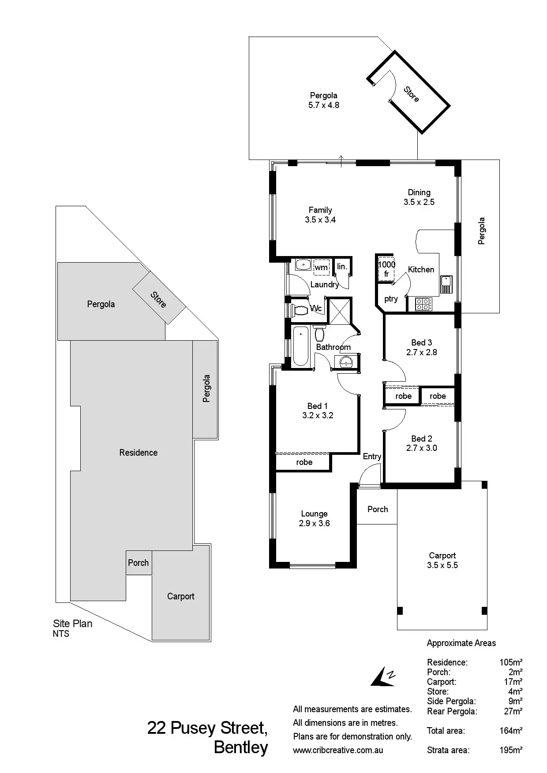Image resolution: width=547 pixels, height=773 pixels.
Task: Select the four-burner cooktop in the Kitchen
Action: pyautogui.click(x=423, y=305)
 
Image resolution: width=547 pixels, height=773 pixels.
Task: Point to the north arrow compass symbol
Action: pyautogui.click(x=383, y=676)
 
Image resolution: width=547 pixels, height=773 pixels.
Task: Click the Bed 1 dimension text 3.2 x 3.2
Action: pyautogui.click(x=318, y=415)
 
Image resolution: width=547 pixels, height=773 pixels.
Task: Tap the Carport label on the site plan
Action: pyautogui.click(x=181, y=596)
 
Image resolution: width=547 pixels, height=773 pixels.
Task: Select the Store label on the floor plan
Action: pyautogui.click(x=411, y=94)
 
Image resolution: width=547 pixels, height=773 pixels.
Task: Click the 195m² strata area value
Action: pyautogui.click(x=511, y=750)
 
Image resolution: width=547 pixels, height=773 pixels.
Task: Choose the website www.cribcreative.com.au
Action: pyautogui.click(x=338, y=750)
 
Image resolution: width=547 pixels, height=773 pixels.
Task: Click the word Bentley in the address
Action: pyautogui.click(x=241, y=747)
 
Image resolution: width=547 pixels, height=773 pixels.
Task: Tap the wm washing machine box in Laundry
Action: pyautogui.click(x=322, y=267)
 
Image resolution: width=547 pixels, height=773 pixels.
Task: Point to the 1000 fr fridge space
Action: pyautogui.click(x=386, y=268)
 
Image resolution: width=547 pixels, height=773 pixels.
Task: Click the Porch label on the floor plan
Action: pyautogui.click(x=378, y=509)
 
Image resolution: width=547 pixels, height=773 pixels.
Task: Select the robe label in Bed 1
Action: pyautogui.click(x=304, y=462)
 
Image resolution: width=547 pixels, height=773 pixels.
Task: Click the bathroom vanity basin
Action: pyautogui.click(x=347, y=362)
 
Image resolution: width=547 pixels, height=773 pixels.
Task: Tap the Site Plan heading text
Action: pyautogui.click(x=73, y=624)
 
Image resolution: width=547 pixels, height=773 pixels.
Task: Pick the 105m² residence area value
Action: pyautogui.click(x=511, y=662)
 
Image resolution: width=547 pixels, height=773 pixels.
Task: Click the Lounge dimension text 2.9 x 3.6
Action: pyautogui.click(x=314, y=523)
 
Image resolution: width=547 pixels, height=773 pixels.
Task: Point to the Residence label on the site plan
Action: pyautogui.click(x=139, y=453)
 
